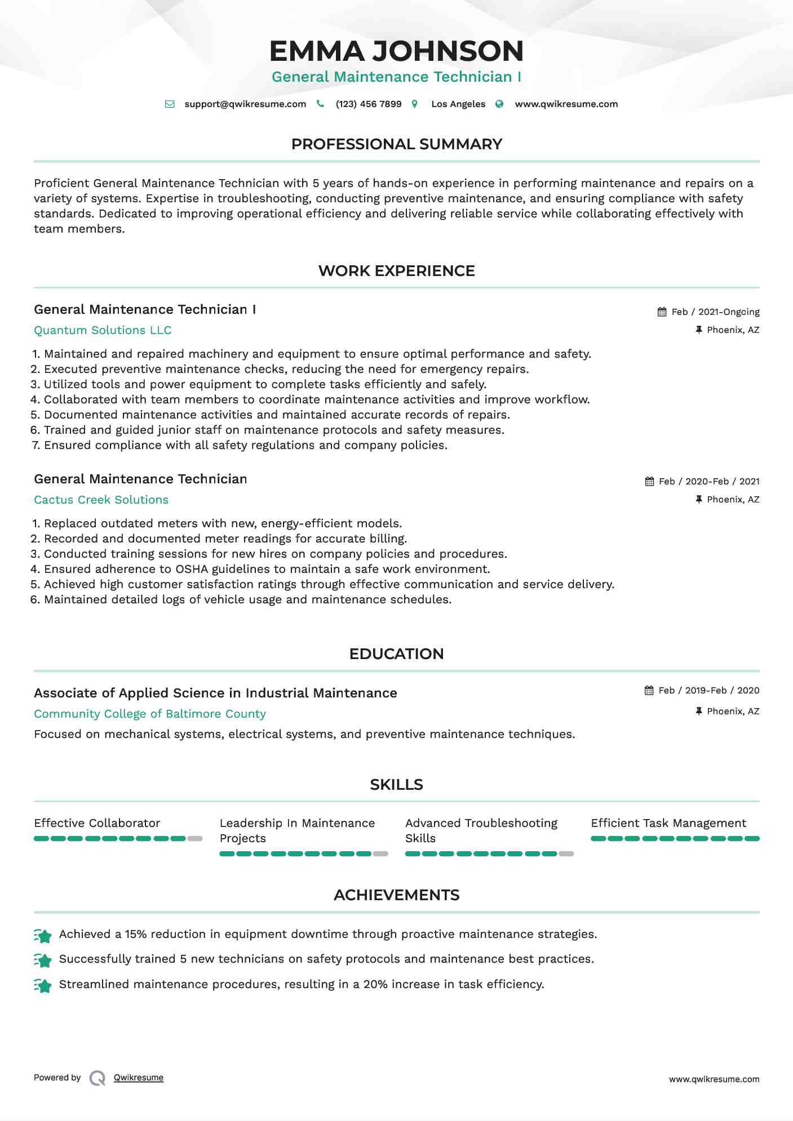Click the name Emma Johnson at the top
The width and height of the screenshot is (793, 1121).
click(396, 51)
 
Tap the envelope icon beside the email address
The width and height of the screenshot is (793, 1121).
click(170, 104)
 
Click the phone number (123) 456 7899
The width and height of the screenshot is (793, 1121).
click(369, 104)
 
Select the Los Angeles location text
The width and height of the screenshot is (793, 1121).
click(458, 104)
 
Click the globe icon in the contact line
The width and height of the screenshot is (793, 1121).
click(499, 104)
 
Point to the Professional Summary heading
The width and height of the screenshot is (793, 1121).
click(396, 144)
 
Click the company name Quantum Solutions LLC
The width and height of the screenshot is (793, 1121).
click(103, 330)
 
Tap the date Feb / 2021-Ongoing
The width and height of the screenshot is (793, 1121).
click(715, 312)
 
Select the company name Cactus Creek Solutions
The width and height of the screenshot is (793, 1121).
click(101, 500)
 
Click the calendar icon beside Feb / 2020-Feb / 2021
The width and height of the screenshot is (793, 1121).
click(650, 482)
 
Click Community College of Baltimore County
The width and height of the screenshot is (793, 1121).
click(149, 714)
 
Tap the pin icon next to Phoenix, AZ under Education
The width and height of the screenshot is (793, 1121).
click(699, 711)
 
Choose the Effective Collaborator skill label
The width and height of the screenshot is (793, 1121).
click(97, 823)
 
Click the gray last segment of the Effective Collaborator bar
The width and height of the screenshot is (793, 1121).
click(195, 839)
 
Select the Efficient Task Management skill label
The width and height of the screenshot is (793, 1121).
click(668, 823)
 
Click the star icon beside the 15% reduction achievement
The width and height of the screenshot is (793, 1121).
click(43, 936)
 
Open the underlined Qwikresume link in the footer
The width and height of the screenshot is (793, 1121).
click(139, 1078)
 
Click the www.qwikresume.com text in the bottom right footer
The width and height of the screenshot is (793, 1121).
click(714, 1079)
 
